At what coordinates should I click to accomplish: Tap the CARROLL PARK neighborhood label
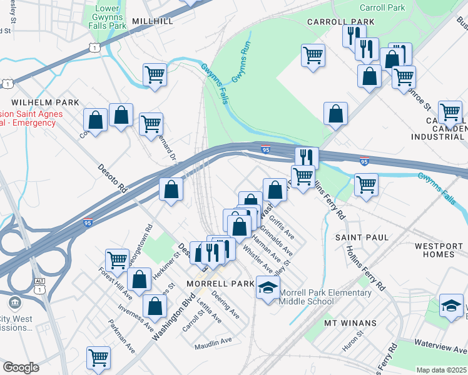pos(340,22)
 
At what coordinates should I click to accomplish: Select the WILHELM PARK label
pos(44,102)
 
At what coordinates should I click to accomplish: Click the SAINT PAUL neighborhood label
pos(362,237)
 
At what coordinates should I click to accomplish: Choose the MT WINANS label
pos(350,323)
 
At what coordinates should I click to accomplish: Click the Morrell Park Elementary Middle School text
pos(325,297)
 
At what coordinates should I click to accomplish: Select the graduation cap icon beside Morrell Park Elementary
pos(268,288)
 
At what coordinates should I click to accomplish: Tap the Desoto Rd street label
pos(113,178)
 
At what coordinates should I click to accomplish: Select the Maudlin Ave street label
pos(213,341)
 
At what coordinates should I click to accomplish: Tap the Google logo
pos(21,367)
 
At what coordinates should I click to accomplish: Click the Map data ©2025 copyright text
pos(440,370)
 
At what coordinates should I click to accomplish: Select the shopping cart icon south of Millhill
pos(155,74)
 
